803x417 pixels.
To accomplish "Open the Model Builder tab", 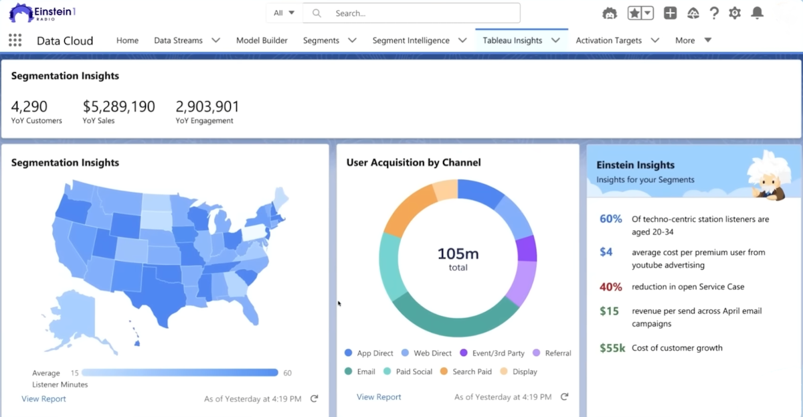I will click(x=262, y=40).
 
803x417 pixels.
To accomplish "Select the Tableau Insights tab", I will click(x=513, y=40).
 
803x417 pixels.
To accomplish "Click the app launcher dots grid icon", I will click(x=15, y=40).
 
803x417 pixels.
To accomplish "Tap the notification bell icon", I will click(x=757, y=13).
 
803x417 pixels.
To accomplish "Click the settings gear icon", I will click(x=735, y=13).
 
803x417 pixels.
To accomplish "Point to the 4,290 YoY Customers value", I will click(x=29, y=106).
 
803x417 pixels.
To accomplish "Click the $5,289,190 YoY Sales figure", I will click(x=118, y=106).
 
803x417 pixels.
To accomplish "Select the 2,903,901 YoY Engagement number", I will click(x=207, y=106).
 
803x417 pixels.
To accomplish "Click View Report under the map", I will click(x=43, y=399).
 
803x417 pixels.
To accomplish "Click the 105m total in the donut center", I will click(x=458, y=258).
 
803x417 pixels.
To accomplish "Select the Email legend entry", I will click(x=366, y=371).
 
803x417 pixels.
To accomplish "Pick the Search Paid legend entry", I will click(x=472, y=371).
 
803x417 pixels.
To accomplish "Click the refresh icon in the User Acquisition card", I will click(x=564, y=397).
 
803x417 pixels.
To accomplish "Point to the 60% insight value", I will click(x=610, y=219).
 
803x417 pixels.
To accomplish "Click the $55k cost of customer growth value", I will click(x=612, y=348).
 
